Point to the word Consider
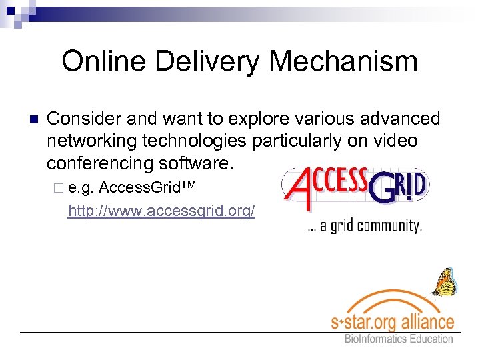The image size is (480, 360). point(83,119)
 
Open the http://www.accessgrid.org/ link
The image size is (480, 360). point(161,211)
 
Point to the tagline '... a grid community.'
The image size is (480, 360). point(364,226)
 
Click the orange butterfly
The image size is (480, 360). point(444,283)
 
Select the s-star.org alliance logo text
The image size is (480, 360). point(393,321)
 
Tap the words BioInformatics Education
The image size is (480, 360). point(399,339)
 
